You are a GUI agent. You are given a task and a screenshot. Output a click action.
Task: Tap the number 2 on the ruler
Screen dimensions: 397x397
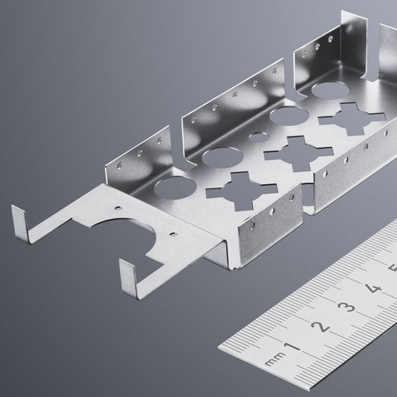pyautogui.click(x=320, y=327)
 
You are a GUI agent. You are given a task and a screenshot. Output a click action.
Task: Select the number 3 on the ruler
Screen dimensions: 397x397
pyautogui.click(x=346, y=307)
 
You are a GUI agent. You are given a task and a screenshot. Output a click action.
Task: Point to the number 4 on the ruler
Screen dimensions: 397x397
pyautogui.click(x=372, y=287)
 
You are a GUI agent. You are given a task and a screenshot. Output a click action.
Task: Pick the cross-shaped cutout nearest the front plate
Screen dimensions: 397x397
pyautogui.click(x=242, y=191)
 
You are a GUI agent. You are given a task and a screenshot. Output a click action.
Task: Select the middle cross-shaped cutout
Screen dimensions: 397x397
pyautogui.click(x=299, y=153)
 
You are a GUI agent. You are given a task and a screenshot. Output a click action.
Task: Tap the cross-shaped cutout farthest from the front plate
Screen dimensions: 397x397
pyautogui.click(x=352, y=118)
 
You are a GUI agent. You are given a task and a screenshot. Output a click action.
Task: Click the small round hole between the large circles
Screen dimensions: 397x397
pyautogui.click(x=259, y=137)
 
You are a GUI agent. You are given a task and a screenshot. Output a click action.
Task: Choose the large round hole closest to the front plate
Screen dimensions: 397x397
pyautogui.click(x=175, y=187)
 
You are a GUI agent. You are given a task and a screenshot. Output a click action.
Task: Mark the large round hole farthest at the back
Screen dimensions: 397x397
pyautogui.click(x=331, y=90)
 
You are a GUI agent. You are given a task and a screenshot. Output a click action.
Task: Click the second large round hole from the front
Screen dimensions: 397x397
pyautogui.click(x=223, y=158)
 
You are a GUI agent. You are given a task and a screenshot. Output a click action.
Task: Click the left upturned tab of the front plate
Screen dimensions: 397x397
pyautogui.click(x=21, y=224)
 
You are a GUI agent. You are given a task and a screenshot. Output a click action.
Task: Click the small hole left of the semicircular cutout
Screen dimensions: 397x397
pyautogui.click(x=118, y=208)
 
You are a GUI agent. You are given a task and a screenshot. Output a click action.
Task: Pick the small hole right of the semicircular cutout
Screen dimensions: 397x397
pyautogui.click(x=173, y=234)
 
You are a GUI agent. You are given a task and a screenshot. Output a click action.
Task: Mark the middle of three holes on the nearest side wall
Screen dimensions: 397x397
pyautogui.click(x=272, y=212)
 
